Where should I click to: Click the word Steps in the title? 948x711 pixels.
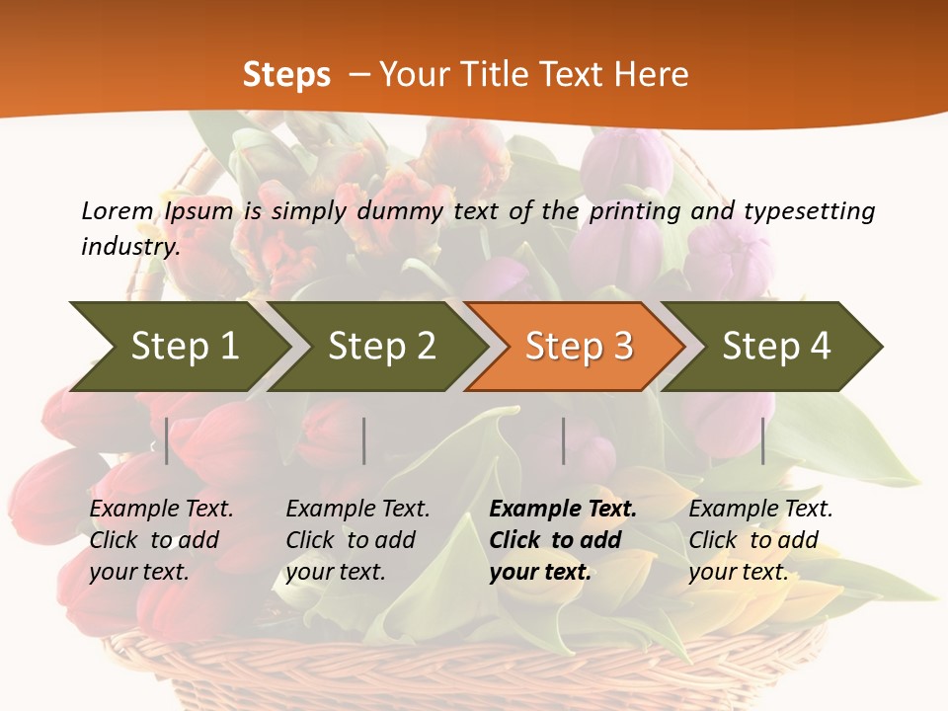286,75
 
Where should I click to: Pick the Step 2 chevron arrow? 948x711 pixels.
381,346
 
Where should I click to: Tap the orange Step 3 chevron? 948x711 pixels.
579,346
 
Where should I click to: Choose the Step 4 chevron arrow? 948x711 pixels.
776,346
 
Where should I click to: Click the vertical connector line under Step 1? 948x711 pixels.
167,441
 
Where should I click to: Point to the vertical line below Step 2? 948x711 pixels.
364,441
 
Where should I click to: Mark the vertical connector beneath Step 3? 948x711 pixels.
564,441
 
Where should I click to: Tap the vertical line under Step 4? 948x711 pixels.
763,441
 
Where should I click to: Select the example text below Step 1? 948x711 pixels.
161,540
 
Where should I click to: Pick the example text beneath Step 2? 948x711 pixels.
357,540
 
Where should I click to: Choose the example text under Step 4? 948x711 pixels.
760,540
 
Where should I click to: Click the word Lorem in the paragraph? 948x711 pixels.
117,211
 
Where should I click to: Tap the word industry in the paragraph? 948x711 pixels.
129,246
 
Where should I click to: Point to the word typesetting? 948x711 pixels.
809,211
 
